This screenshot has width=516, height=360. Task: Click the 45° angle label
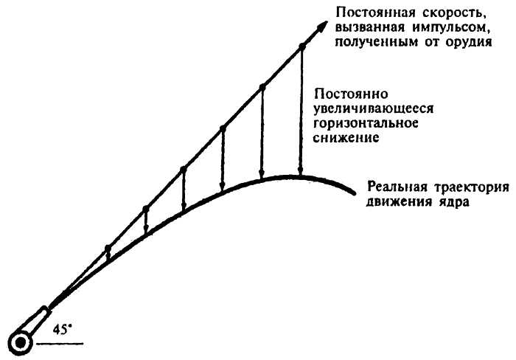coord(62,330)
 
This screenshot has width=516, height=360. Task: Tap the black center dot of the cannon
coord(21,343)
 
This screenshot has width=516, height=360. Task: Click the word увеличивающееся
coord(374,109)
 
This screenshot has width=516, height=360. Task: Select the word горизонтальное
coord(366,123)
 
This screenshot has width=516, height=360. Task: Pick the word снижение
coord(346,137)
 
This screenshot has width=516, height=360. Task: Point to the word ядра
coord(455,201)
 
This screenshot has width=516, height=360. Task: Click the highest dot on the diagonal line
coord(301,46)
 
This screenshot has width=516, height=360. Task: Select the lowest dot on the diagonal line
coord(108,248)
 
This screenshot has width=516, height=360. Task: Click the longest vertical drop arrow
coord(301,111)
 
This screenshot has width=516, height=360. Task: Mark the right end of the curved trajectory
coord(355,193)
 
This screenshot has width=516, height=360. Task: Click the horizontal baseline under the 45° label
coord(60,344)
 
